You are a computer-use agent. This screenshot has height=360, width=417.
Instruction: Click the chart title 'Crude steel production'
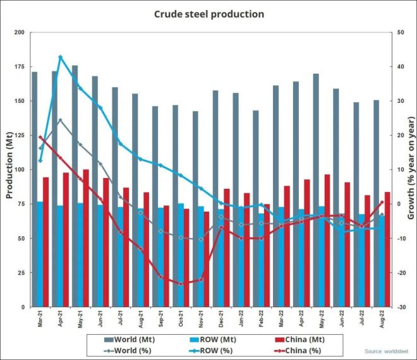(208, 13)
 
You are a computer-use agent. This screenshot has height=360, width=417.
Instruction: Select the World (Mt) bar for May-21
(75, 158)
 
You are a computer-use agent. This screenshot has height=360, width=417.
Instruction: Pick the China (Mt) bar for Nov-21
(207, 259)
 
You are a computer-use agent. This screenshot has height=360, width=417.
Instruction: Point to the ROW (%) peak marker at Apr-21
(60, 57)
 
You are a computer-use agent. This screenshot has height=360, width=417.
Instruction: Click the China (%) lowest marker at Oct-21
(181, 284)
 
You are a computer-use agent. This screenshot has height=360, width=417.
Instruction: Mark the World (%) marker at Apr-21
(60, 120)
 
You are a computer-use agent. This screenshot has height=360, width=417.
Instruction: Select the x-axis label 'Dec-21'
(221, 320)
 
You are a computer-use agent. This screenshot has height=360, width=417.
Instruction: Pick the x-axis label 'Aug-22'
(382, 320)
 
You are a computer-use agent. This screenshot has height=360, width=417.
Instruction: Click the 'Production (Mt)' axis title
(9, 169)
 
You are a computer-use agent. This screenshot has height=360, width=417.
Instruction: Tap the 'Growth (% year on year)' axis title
(411, 169)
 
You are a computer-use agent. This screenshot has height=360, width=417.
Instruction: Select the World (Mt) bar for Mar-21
(34, 189)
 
